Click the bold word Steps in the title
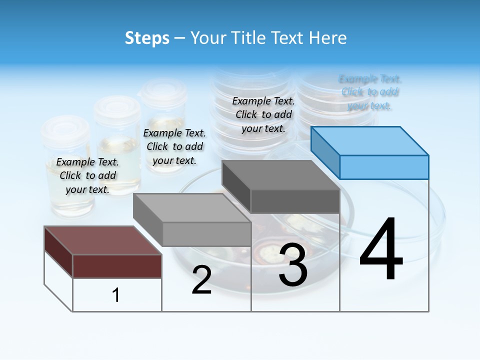tap(147, 38)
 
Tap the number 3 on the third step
tap(293, 265)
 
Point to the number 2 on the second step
tap(201, 280)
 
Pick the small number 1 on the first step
tap(116, 295)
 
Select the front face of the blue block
tap(384, 167)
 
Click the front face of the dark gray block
tap(295, 201)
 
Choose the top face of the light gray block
tap(192, 208)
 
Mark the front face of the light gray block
tap(206, 234)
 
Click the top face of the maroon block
tap(103, 240)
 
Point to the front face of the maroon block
tap(117, 266)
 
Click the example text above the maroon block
tap(87, 175)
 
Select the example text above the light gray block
tap(174, 146)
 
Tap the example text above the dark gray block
tap(263, 114)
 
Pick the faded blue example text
tap(370, 92)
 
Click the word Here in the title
tap(328, 38)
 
